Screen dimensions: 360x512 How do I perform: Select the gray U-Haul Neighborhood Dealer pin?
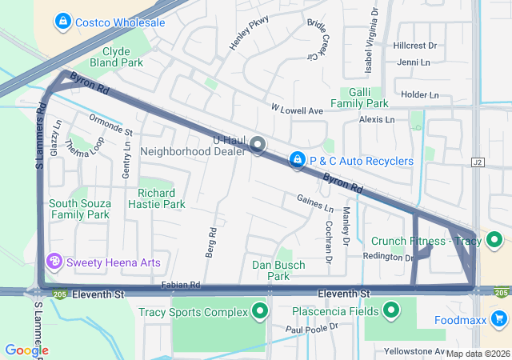258,145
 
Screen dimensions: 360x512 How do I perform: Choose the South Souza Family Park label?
78,209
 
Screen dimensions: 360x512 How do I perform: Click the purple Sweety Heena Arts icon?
54,262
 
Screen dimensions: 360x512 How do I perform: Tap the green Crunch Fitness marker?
494,241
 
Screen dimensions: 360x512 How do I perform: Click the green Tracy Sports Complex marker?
259,311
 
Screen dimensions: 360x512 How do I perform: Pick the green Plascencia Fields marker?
391,310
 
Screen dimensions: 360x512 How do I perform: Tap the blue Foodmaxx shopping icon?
499,319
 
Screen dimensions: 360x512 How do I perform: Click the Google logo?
26,350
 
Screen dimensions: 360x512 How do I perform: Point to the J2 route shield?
478,162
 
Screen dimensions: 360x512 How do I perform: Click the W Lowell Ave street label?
296,109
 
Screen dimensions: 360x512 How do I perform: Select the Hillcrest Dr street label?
414,46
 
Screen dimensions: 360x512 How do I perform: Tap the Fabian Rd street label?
180,285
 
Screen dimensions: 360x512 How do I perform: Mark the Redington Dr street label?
386,256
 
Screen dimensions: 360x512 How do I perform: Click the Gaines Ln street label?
314,203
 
